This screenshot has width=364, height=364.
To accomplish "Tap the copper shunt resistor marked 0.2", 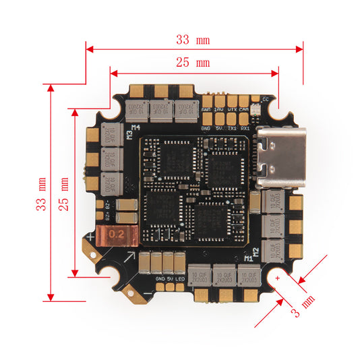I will [116, 235].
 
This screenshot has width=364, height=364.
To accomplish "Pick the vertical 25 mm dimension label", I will [64, 194].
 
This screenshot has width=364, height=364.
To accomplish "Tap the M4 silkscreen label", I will [135, 127].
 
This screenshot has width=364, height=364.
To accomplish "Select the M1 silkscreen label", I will [247, 257].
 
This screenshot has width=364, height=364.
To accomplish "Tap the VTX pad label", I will [232, 109].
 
